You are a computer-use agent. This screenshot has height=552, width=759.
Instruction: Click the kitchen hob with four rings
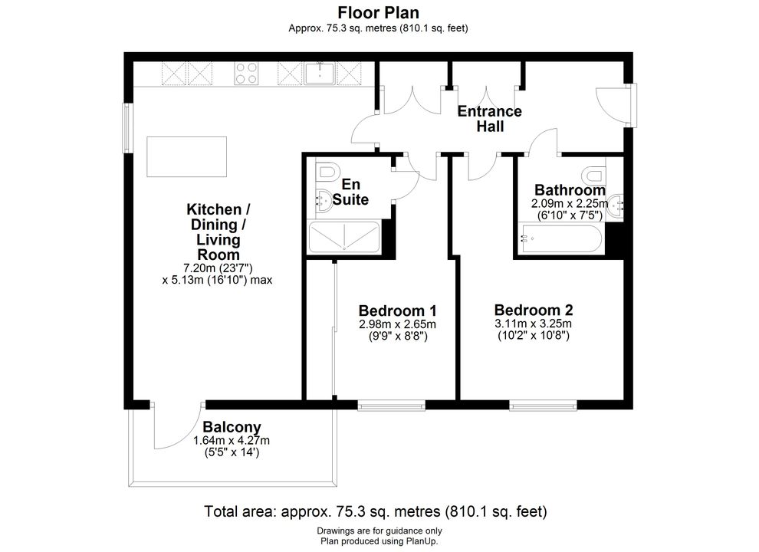[x=246, y=74]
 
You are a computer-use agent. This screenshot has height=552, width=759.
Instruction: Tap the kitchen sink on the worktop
[x=320, y=73]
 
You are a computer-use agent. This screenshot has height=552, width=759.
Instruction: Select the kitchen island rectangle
[x=187, y=156]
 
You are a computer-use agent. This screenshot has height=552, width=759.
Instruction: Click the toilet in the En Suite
[x=327, y=172]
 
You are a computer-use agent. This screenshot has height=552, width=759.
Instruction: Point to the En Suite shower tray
[x=344, y=237]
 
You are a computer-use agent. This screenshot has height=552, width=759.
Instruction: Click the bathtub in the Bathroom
[x=560, y=238]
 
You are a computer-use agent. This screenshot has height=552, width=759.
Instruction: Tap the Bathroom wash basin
[x=615, y=206]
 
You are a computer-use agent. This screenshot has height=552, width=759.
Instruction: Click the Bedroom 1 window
[x=392, y=406]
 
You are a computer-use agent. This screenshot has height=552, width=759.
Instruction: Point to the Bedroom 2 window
[x=543, y=406]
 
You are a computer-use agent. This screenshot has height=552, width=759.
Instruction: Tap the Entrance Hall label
[x=490, y=119]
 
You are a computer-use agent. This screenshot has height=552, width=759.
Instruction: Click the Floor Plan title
[x=379, y=12]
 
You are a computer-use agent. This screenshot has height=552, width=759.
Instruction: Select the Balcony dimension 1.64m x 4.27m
[x=232, y=441]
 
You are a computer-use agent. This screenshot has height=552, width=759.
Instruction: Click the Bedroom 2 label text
[x=534, y=310]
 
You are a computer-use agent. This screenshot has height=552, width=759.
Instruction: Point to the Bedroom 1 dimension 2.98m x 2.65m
[x=397, y=324]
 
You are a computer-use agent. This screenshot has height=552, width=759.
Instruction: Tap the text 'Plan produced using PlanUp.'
[x=379, y=541]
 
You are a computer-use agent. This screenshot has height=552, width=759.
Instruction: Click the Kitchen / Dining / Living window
[x=127, y=128]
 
